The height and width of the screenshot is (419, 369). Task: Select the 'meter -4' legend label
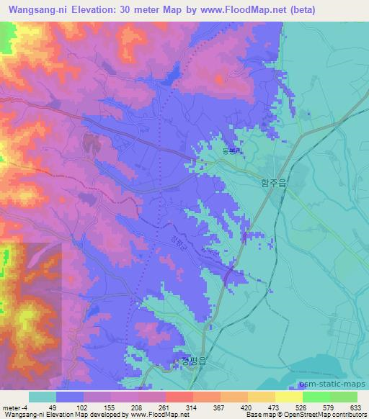coord(15,407)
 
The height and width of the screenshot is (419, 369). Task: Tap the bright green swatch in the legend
coord(316,397)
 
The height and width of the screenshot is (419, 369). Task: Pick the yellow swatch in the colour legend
coord(289,397)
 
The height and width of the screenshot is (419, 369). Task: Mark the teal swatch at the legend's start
coord(43,397)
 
